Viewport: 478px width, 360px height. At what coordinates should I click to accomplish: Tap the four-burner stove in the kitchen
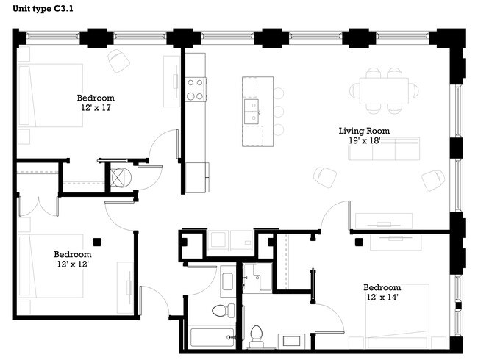click(195, 90)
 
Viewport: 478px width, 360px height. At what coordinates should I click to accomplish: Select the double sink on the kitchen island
click(252, 111)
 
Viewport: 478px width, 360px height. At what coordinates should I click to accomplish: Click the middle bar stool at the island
click(279, 112)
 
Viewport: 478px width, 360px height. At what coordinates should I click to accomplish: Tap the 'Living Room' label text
click(363, 131)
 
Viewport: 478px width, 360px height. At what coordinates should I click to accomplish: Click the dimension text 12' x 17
click(96, 107)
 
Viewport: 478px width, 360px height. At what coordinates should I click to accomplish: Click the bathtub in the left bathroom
click(213, 337)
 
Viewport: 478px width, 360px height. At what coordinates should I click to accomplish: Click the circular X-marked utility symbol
click(118, 177)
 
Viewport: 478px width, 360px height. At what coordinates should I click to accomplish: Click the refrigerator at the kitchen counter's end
click(196, 177)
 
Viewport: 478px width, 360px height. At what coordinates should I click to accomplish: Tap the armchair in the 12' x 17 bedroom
click(118, 60)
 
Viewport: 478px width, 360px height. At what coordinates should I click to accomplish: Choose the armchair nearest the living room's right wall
click(433, 179)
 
